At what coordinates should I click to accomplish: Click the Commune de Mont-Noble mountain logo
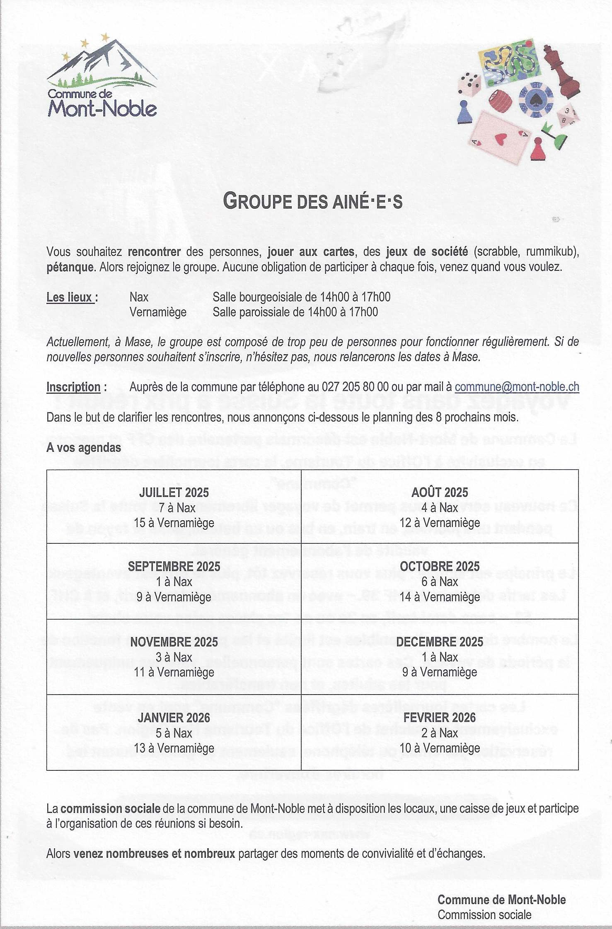102,77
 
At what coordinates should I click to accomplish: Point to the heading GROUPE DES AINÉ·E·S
312,202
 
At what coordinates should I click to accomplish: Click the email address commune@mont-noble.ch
517,386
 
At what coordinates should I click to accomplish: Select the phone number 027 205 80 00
354,386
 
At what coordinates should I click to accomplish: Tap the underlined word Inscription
73,387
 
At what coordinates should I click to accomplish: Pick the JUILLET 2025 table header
174,492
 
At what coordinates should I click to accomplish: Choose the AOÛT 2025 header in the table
440,492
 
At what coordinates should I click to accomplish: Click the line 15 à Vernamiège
174,523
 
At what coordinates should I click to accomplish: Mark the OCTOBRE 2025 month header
440,566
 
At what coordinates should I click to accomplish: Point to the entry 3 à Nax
174,657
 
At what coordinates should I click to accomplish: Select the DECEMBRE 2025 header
440,642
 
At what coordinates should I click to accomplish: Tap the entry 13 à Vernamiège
174,748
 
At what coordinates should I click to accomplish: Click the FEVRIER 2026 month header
440,717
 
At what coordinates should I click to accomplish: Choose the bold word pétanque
69,267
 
